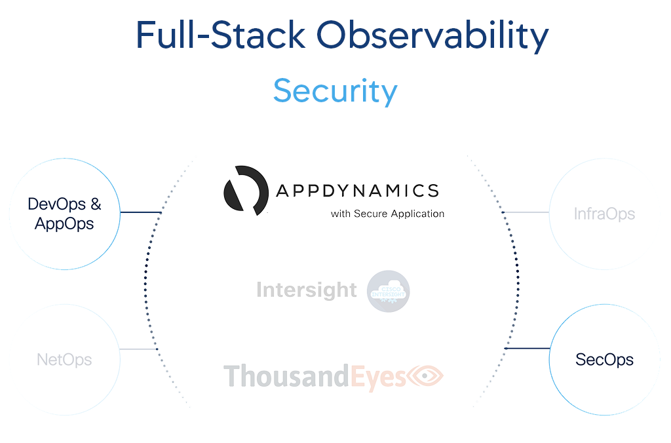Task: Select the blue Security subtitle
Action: (x=335, y=90)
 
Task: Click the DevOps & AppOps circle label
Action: (x=64, y=214)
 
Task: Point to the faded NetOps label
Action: (x=64, y=359)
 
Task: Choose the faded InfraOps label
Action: (x=604, y=214)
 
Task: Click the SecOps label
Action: (x=604, y=359)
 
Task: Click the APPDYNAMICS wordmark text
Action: (x=357, y=191)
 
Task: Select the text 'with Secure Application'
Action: (x=387, y=214)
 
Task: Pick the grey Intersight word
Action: (x=307, y=290)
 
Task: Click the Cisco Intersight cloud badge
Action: (x=389, y=291)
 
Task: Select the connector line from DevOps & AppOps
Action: (x=140, y=212)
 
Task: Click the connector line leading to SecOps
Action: (x=527, y=348)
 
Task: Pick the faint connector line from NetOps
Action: (x=138, y=349)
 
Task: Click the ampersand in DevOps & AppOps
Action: (x=96, y=204)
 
